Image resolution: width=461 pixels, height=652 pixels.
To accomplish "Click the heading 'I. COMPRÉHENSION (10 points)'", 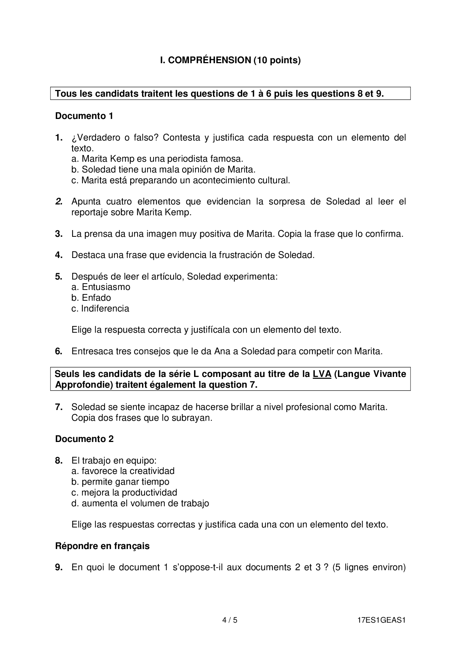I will coord(230,60).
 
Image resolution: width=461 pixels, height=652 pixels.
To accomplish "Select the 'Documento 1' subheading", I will coord(84,116).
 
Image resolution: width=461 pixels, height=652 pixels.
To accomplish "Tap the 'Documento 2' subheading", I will coord(84,439).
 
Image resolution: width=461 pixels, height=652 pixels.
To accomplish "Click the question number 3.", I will coord(59,234).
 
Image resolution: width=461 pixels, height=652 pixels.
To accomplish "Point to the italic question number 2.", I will coord(59,202).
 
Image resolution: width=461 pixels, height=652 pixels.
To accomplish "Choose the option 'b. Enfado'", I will coord(91,298).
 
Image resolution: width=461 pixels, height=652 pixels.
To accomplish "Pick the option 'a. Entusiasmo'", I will coord(101,287).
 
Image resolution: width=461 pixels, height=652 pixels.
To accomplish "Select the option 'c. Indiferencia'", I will coord(100,309).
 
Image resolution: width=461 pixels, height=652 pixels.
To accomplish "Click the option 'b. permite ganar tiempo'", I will coord(120,482).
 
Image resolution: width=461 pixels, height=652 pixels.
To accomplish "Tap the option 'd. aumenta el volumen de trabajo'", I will coord(140,503).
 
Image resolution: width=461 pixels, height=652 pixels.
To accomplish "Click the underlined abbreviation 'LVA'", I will coord(322,374).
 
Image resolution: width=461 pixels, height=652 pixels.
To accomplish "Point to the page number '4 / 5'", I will coord(230,620).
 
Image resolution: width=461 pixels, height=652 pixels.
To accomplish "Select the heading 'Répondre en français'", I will coord(102,546).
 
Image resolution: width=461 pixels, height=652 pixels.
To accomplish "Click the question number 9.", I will coord(59,567).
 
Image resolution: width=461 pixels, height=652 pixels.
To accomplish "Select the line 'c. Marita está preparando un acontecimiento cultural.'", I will coord(181,181).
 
